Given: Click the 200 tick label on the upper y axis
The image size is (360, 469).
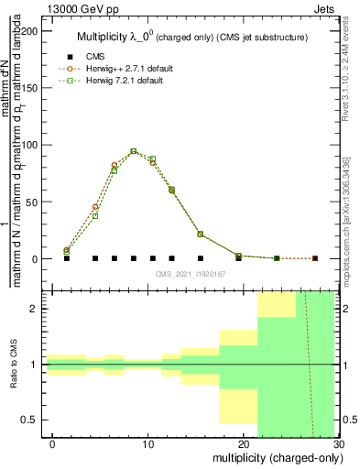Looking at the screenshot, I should tap(28, 30).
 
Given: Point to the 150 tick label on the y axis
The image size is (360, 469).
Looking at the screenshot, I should tap(28, 87).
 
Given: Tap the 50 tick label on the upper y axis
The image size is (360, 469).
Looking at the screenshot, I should tap(31, 202).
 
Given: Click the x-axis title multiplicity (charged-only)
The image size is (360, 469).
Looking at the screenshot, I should tap(273, 458).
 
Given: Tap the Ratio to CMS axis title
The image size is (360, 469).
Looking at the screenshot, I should tap(12, 365).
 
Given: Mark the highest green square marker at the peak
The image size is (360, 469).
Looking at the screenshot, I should tap(134, 151).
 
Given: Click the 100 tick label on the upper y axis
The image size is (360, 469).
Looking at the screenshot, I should tap(28, 145).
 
